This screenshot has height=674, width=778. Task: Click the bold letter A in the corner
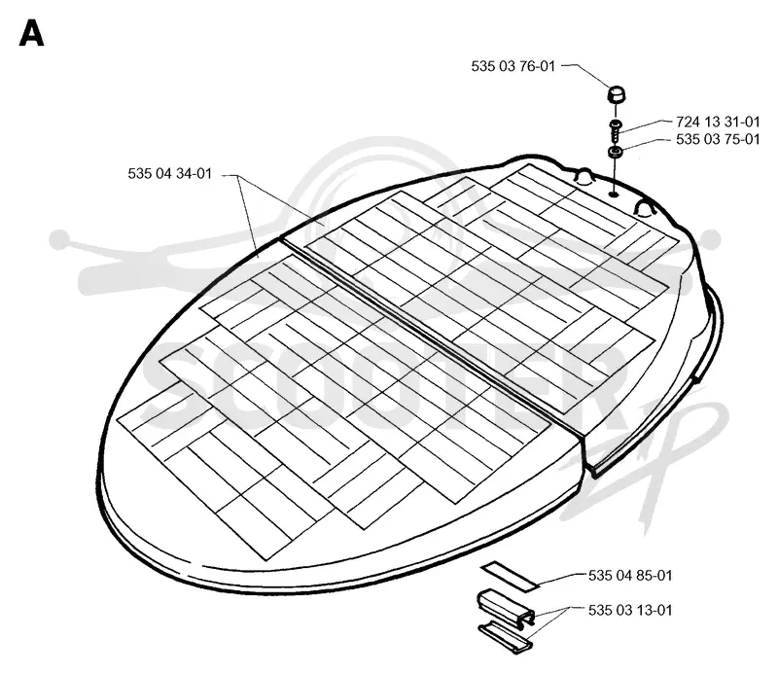[x=31, y=33]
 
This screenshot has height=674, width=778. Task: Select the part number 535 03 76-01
[x=513, y=66]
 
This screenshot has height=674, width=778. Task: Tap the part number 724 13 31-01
[x=718, y=122]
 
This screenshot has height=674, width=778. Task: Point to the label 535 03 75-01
[x=718, y=139]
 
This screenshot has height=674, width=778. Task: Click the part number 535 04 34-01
[x=169, y=173]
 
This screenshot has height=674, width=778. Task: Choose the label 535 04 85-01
[x=630, y=575]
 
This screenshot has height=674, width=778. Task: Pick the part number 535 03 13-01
[x=630, y=610]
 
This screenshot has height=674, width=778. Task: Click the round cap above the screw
[x=617, y=94]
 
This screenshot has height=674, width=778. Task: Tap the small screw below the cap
[x=616, y=130]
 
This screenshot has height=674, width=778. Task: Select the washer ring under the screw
[x=615, y=152]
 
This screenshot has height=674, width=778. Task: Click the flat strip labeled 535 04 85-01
[x=509, y=576]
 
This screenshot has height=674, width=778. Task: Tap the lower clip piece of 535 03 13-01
[x=505, y=636]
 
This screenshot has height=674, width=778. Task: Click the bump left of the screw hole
[x=583, y=177]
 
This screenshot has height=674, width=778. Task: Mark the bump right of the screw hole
[x=644, y=208]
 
